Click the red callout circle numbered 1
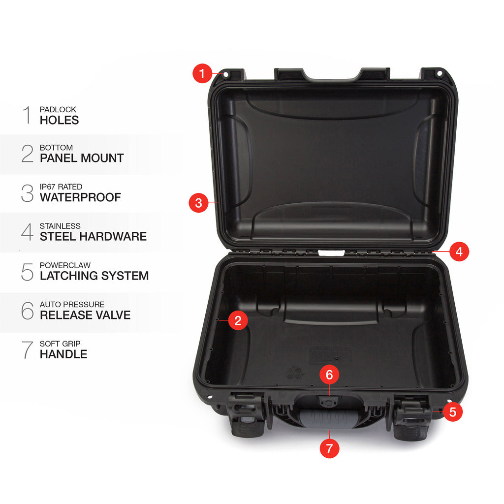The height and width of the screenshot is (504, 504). (x=202, y=74)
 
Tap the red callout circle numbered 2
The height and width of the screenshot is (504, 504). (x=238, y=320)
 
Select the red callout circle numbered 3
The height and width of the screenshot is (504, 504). (x=199, y=203)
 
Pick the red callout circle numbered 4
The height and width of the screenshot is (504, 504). (x=459, y=252)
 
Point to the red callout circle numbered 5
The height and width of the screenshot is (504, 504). (x=453, y=412)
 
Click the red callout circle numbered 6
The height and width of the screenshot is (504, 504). (x=329, y=375)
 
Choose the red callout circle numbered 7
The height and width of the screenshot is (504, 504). (x=329, y=448)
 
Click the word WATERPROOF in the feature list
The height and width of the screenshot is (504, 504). (x=80, y=197)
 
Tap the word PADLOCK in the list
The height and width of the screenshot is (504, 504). (x=58, y=110)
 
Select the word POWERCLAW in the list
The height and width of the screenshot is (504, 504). (x=65, y=265)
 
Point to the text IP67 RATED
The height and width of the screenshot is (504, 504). (x=61, y=187)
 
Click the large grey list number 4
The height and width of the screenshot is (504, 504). (x=28, y=232)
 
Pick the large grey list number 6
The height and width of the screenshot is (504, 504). (x=28, y=311)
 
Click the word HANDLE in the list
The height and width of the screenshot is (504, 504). (x=63, y=354)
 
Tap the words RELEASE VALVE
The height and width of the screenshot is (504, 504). (x=85, y=315)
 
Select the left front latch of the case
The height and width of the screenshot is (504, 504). (x=249, y=415)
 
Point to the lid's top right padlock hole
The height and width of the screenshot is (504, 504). (x=440, y=74)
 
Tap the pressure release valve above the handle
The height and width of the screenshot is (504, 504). (x=327, y=401)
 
